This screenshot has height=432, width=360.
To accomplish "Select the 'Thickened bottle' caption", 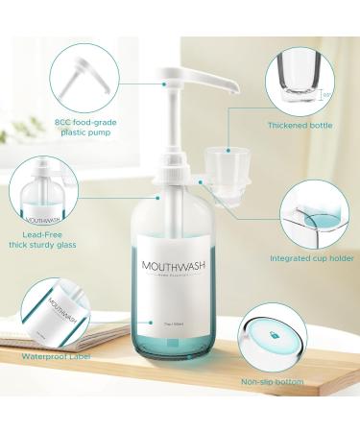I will pyautogui.click(x=300, y=124).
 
